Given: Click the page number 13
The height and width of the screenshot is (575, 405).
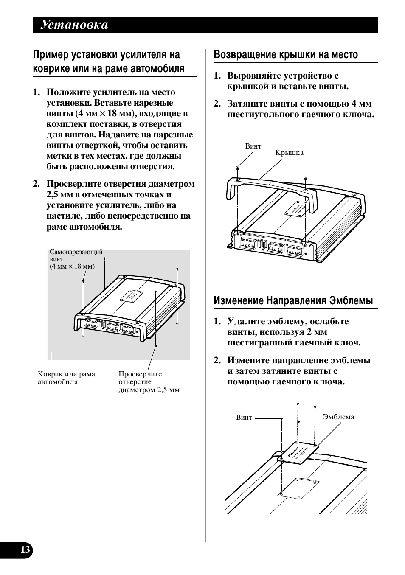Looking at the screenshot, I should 25,550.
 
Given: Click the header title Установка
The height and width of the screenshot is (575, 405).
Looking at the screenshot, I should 74,25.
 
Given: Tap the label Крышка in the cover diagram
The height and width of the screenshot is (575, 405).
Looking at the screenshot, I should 289,153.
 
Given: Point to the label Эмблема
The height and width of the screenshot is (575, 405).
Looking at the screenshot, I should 338,417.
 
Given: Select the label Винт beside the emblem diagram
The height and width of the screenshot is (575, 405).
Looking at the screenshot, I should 244,418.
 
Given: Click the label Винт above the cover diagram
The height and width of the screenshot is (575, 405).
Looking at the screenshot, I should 253,146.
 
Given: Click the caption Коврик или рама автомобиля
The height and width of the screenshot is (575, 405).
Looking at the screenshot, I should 66,378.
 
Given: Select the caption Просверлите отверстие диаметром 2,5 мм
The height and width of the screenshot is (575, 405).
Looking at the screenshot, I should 149,382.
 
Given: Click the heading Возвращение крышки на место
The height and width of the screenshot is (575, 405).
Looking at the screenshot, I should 286,55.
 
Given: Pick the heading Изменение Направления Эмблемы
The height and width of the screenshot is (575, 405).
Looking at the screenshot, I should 293,301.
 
